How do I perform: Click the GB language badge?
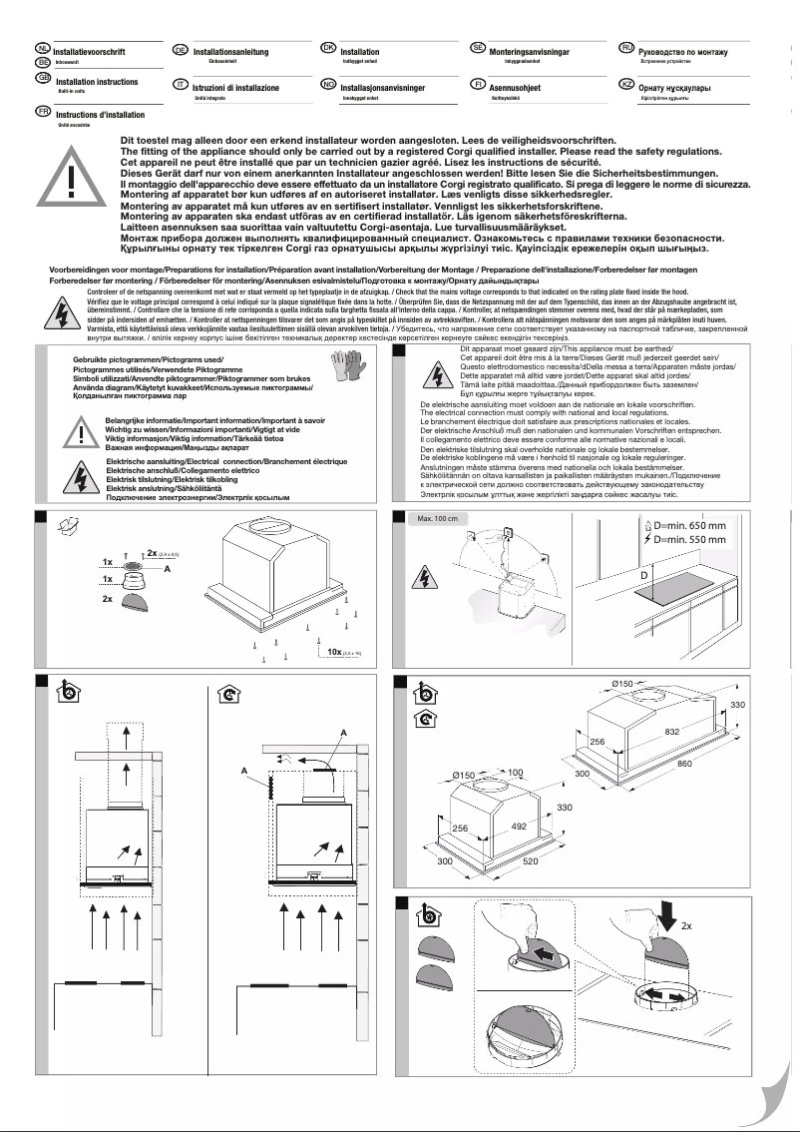point(43,78)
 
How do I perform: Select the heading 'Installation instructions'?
point(97,82)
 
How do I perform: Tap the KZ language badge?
point(627,86)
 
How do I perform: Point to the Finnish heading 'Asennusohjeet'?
point(515,88)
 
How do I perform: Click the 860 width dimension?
point(685,763)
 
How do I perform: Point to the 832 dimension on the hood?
point(671,732)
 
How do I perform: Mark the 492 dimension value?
point(519,827)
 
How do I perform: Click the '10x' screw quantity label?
point(329,651)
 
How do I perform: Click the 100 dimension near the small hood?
point(516,774)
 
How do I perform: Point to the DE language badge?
point(181,49)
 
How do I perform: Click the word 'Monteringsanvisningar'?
point(529,51)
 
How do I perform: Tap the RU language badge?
point(627,49)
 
